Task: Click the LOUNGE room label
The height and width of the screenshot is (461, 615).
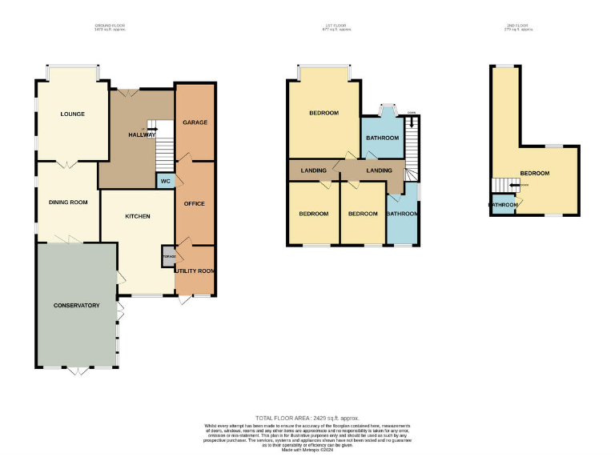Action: [x=72, y=114]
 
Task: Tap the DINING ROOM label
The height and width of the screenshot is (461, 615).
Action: [x=68, y=202]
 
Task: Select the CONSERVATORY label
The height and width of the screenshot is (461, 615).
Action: [x=76, y=305]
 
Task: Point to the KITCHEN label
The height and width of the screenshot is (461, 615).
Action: [x=137, y=216]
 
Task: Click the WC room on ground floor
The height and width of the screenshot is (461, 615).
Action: [x=165, y=182]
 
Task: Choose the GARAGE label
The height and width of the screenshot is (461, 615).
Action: [x=195, y=122]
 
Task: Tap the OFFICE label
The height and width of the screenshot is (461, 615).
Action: [x=195, y=203]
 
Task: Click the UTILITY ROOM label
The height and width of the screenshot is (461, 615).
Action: [x=195, y=271]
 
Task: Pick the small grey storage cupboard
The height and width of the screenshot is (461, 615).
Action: [x=168, y=256]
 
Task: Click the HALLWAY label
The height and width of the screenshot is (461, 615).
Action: [x=142, y=134]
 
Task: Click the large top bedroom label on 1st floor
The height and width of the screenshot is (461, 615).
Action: [x=324, y=113]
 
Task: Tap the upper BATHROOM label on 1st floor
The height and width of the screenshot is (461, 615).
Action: [x=382, y=138]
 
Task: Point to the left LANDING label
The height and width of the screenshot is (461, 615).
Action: [x=313, y=170]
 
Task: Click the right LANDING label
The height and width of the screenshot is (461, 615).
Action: [x=379, y=170]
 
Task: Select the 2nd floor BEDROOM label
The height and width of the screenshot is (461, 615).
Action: [x=534, y=173]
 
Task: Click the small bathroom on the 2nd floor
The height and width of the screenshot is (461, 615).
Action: [x=504, y=205]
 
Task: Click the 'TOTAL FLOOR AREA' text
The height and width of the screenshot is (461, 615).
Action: [x=307, y=419]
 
